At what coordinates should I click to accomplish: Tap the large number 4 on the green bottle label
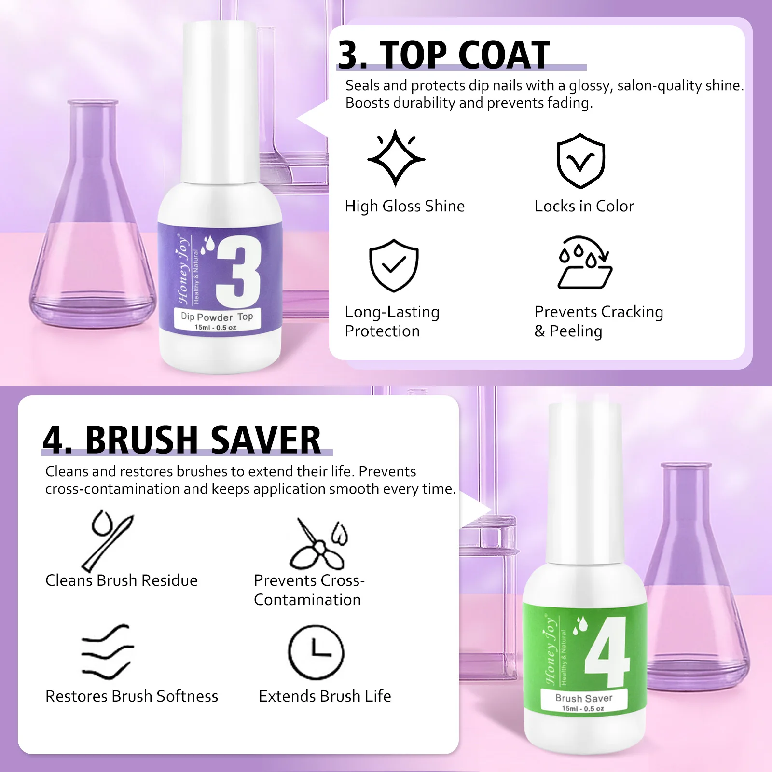[608, 652]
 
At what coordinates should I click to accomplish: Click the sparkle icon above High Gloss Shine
[396, 158]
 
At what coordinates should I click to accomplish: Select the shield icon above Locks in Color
[581, 161]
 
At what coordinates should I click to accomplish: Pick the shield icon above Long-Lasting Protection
[394, 265]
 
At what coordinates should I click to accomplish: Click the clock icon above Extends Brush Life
[316, 652]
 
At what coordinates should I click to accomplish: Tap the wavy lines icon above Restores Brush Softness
[107, 651]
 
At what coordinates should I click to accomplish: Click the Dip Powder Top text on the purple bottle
[217, 317]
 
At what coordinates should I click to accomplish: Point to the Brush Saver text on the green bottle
[583, 698]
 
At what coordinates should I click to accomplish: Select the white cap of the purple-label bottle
[219, 101]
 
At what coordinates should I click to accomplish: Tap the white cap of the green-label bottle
[584, 482]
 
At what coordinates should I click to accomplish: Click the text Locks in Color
[584, 206]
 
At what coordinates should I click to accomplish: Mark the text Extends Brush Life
[325, 696]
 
